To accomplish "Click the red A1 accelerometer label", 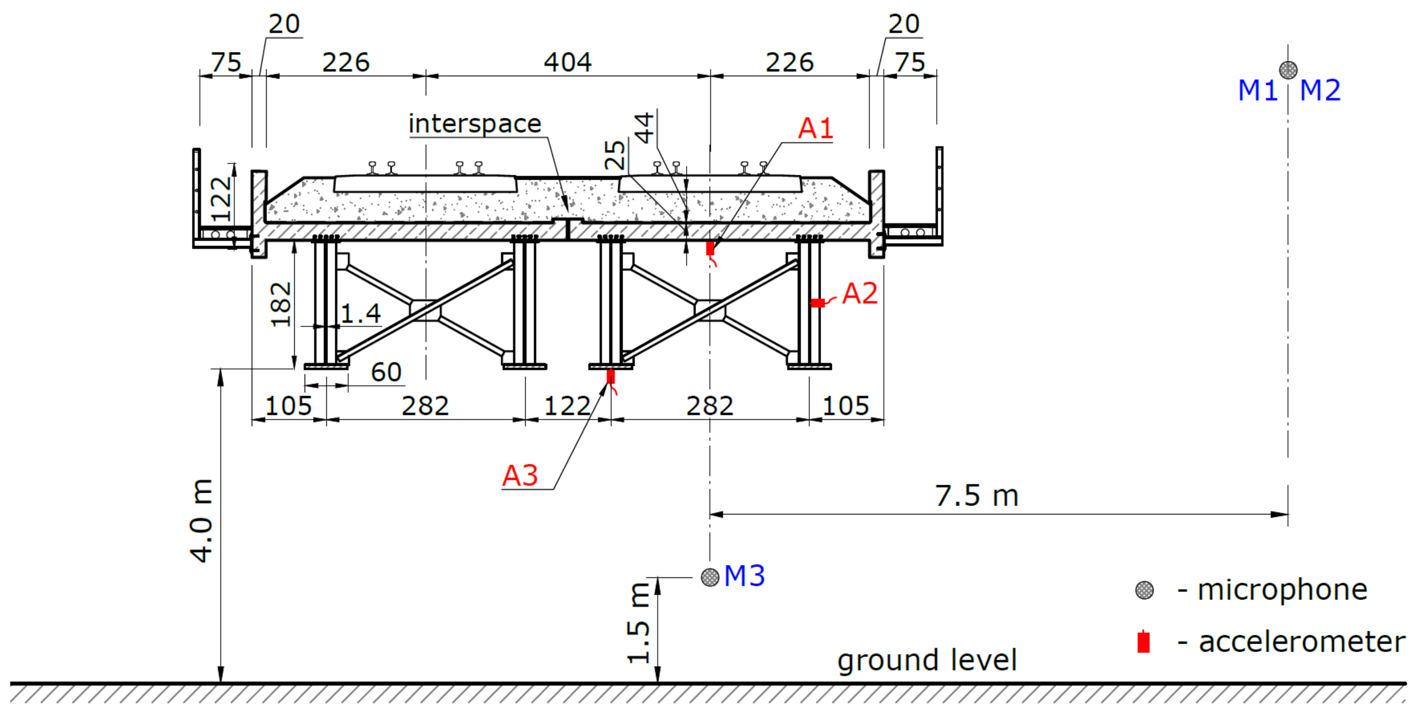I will [x=815, y=129].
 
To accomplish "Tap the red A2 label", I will [x=860, y=294].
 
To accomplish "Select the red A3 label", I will [x=520, y=475].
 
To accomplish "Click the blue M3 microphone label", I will [x=744, y=576].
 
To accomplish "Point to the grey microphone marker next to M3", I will [x=710, y=577].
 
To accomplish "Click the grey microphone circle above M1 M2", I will [x=1288, y=70].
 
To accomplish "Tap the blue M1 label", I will [x=1257, y=90].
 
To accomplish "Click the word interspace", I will [x=475, y=124].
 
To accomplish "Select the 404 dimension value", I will [x=567, y=62].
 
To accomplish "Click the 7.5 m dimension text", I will [x=977, y=496].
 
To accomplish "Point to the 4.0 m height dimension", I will [x=201, y=520].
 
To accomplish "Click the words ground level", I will [x=927, y=660].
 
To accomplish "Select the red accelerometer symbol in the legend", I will [x=1143, y=642].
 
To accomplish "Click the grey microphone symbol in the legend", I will [x=1144, y=590].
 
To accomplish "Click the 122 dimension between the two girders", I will [x=567, y=407].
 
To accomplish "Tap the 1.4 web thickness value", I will [x=361, y=314].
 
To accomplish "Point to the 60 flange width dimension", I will [x=386, y=372].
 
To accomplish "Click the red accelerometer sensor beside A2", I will [x=818, y=303].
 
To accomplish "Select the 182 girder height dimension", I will [x=281, y=304].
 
